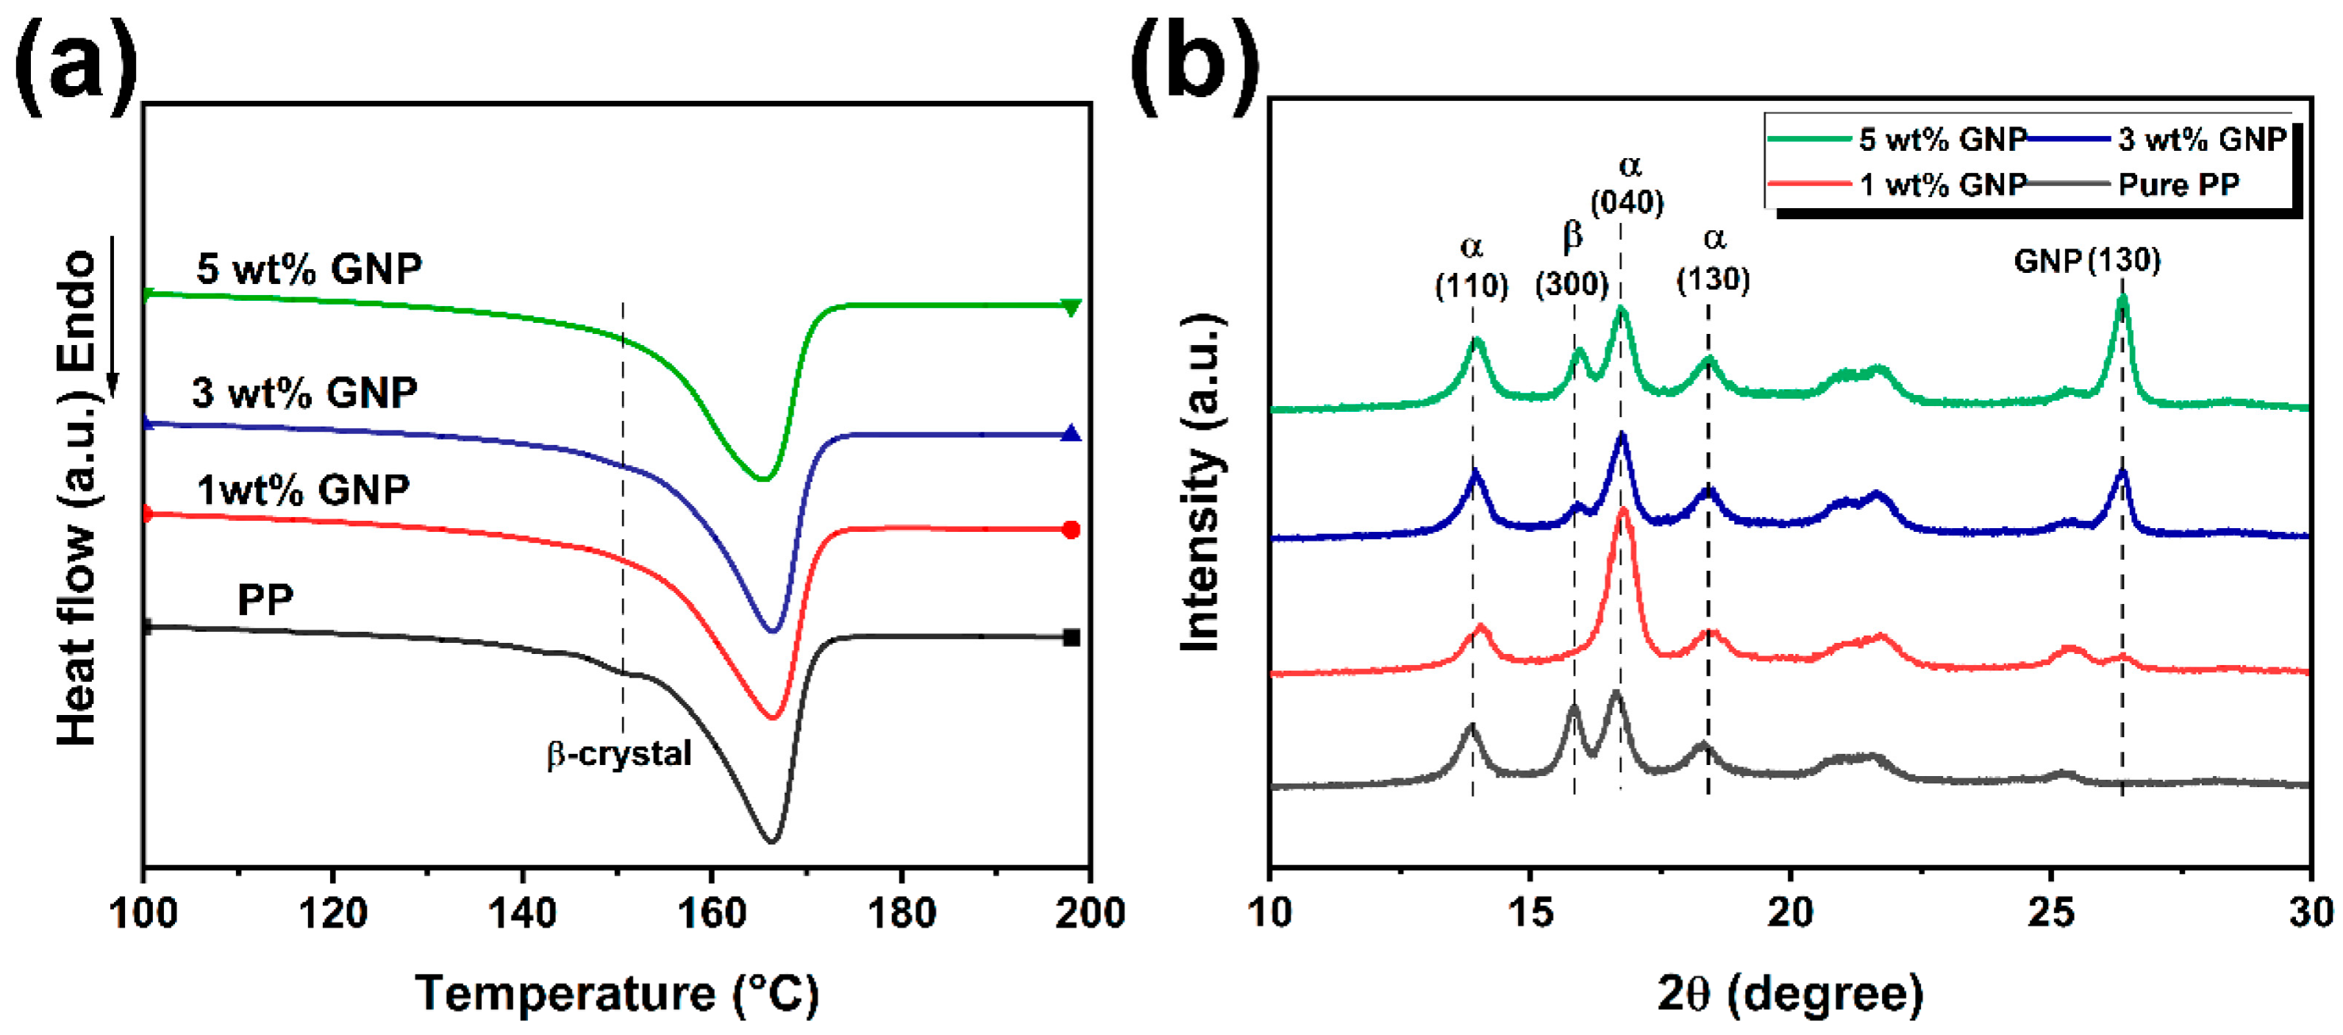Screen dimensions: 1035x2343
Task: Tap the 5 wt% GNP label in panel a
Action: [310, 269]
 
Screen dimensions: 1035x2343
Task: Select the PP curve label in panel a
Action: [265, 600]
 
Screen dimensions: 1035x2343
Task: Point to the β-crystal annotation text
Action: [618, 754]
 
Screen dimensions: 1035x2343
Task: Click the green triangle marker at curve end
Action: [1071, 307]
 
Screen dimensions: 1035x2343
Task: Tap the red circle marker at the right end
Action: [1071, 530]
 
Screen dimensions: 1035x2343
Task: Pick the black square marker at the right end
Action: [1071, 638]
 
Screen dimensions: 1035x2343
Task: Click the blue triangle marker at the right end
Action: [1071, 434]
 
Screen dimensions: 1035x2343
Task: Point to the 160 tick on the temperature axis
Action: [711, 912]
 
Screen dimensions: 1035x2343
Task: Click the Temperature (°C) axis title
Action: [617, 993]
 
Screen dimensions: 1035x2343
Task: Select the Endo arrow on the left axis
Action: [113, 319]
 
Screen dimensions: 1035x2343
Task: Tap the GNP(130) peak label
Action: [2086, 262]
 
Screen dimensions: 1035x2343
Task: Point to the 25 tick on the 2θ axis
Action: [2050, 912]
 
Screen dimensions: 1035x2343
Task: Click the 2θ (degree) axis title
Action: [1790, 993]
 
